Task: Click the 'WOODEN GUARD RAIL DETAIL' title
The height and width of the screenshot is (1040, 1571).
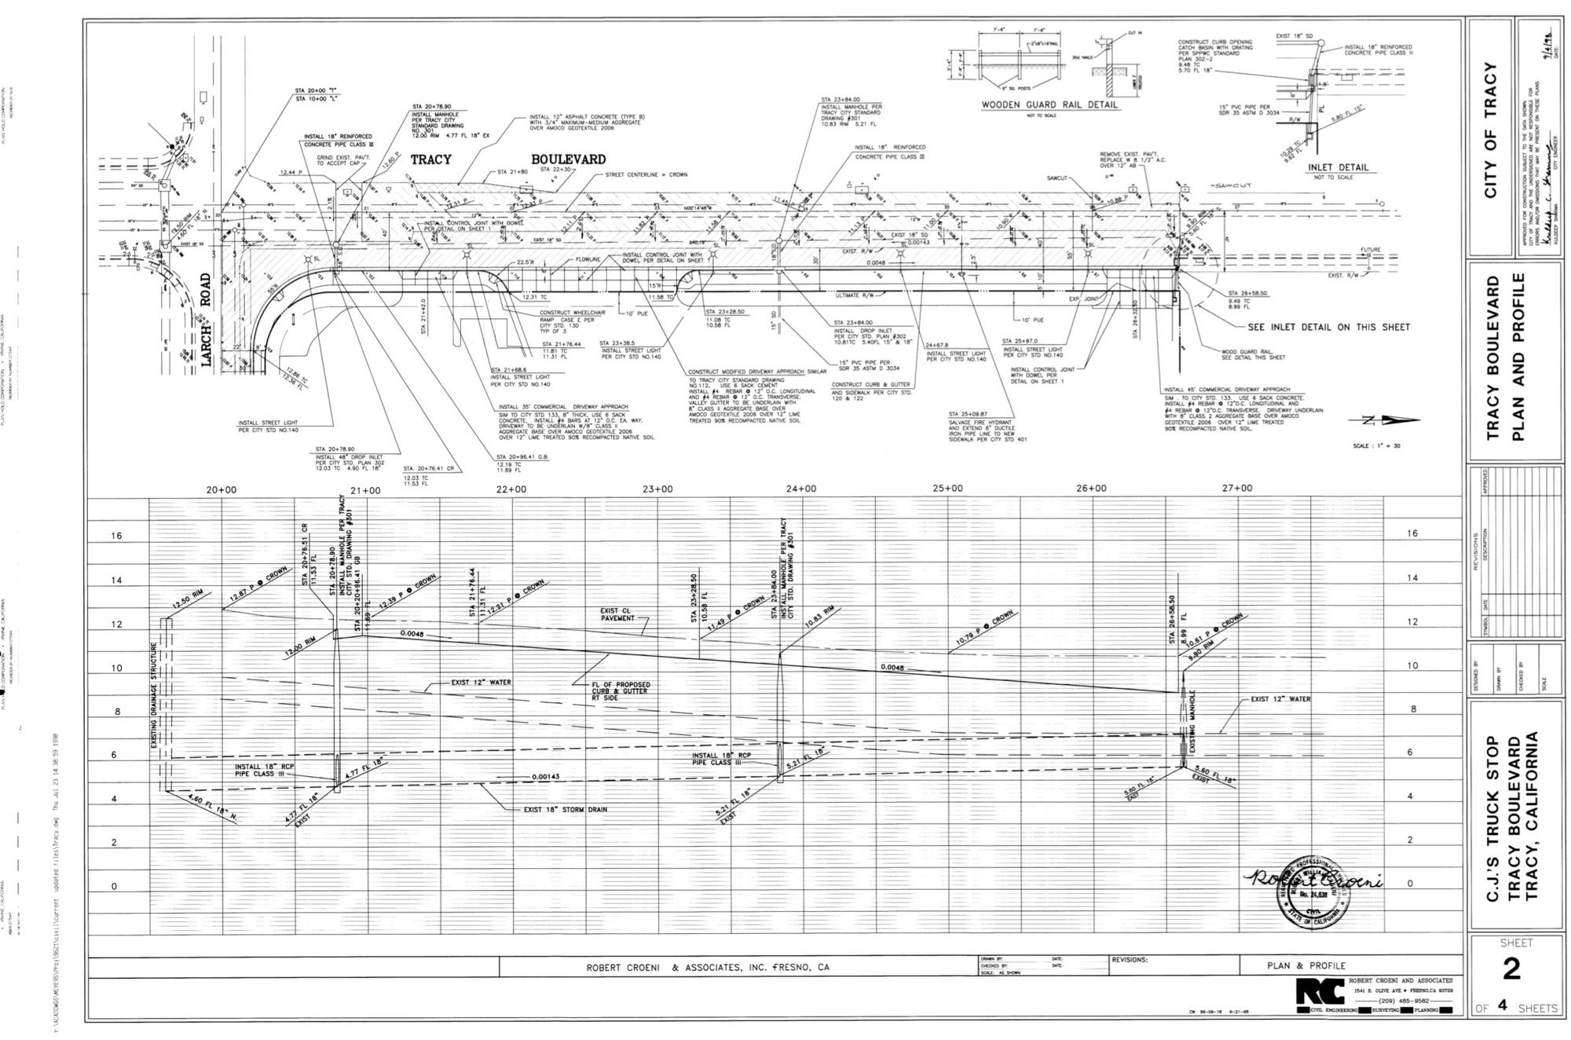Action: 1049,104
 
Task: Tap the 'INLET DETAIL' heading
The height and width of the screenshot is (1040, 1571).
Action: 1336,167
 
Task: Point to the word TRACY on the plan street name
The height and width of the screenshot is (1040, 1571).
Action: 430,159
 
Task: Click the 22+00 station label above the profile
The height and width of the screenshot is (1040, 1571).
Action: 511,489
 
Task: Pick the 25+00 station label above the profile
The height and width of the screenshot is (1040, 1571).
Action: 948,489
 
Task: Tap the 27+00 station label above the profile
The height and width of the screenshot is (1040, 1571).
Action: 1237,488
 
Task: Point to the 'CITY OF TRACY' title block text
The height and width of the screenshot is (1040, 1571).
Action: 1492,130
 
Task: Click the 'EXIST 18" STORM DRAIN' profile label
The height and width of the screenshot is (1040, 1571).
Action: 565,809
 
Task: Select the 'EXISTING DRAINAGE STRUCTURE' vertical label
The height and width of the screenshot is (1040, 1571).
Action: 155,701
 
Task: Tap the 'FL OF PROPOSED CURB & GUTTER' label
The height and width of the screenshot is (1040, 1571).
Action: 621,690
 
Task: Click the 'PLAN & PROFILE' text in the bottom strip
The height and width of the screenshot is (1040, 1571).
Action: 1306,965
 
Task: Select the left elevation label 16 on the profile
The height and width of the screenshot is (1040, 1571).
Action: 118,536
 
